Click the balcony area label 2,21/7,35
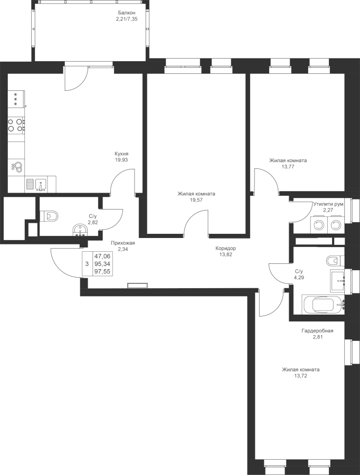click(127, 18)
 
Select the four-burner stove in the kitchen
click(16, 125)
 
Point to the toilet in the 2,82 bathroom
click(50, 216)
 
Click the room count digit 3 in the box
click(87, 262)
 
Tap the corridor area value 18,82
click(225, 254)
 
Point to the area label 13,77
click(288, 166)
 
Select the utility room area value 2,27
click(328, 210)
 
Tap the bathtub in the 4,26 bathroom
click(321, 305)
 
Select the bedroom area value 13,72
click(300, 376)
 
